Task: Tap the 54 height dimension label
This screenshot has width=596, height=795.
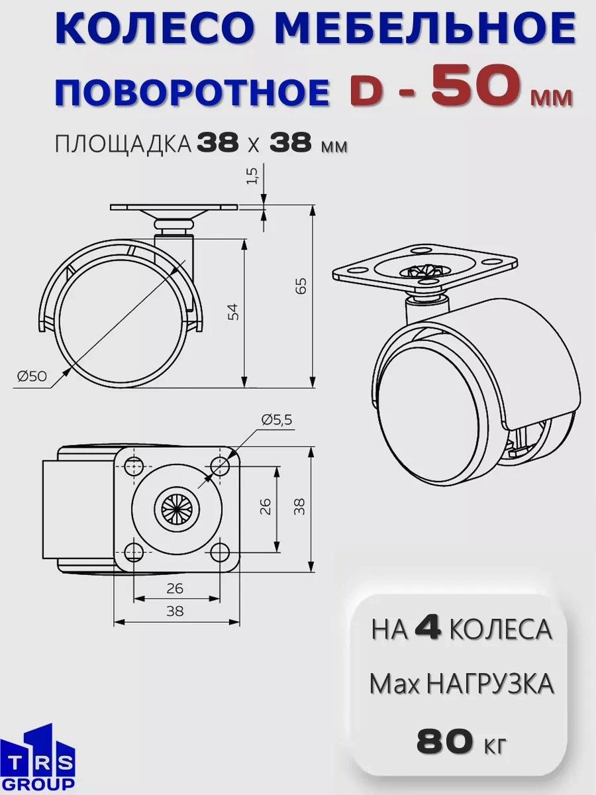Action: click(234, 311)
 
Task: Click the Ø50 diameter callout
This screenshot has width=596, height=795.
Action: click(32, 376)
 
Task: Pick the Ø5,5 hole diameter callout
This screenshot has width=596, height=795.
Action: click(276, 419)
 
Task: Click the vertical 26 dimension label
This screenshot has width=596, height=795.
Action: click(265, 506)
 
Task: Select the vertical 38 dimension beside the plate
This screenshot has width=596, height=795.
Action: click(299, 507)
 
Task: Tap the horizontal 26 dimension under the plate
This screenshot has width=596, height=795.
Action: click(175, 588)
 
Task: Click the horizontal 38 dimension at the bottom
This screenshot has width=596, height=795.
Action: click(175, 611)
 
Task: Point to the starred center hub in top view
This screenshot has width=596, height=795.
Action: click(176, 508)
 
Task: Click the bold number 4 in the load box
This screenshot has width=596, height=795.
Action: click(429, 629)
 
